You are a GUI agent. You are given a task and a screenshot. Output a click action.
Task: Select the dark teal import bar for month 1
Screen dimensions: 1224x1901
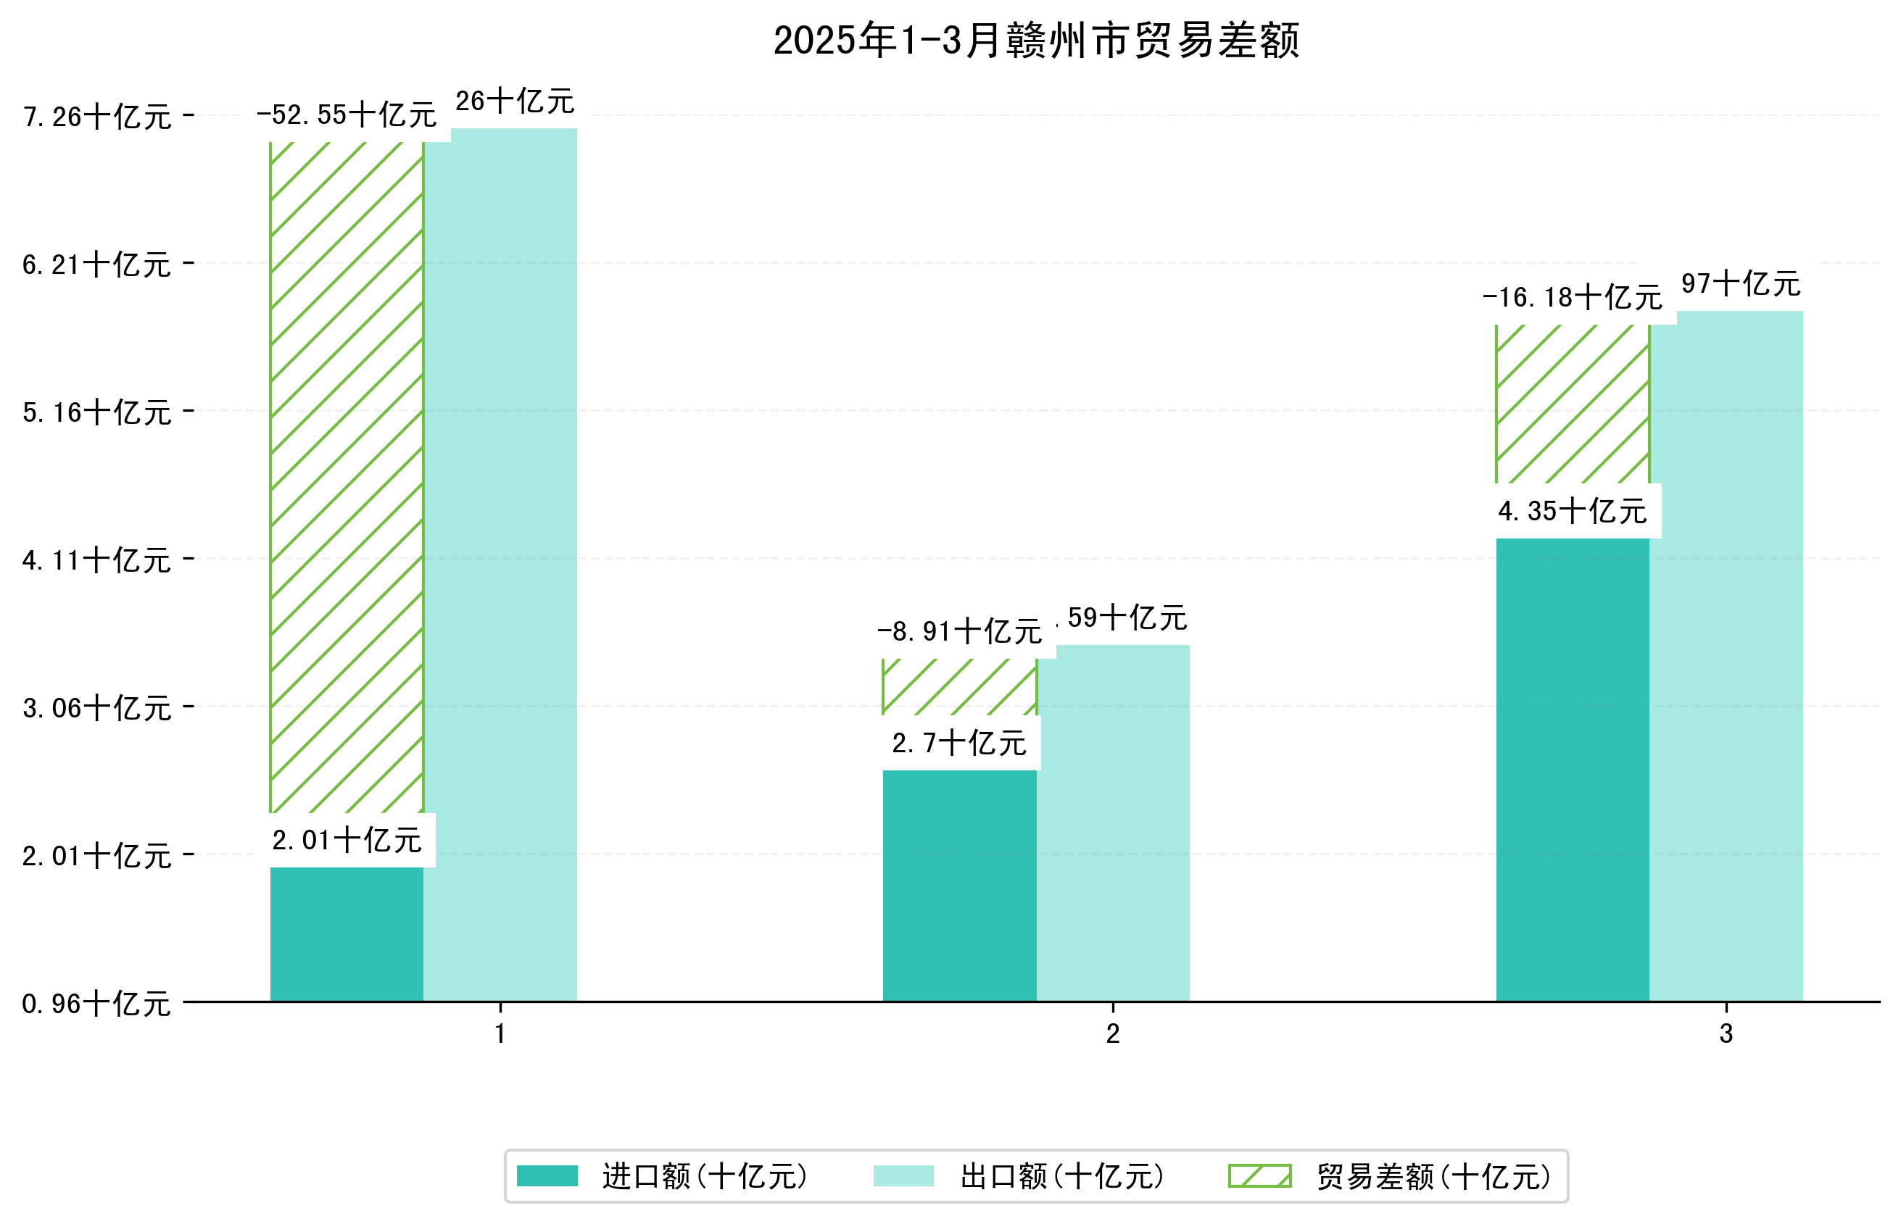[x=347, y=934]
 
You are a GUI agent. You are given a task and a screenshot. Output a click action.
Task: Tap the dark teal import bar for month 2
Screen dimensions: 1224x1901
[x=959, y=885]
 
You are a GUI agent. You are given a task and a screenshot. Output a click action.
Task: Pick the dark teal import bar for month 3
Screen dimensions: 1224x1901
[x=1572, y=770]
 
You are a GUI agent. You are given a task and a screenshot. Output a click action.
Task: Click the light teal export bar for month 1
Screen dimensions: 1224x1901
[x=500, y=565]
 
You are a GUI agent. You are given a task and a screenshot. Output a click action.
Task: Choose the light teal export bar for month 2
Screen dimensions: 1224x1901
[x=1113, y=823]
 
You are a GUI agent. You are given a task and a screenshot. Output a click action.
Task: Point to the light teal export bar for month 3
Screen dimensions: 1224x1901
[x=1726, y=656]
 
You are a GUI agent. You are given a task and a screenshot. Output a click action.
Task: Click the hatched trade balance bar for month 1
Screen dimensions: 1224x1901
[x=347, y=477]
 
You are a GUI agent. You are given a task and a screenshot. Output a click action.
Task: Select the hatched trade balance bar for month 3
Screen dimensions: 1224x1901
[x=1572, y=404]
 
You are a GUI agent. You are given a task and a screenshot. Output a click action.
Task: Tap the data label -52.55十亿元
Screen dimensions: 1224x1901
[x=347, y=115]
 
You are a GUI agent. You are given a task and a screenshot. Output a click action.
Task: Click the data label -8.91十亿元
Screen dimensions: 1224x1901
[x=959, y=632]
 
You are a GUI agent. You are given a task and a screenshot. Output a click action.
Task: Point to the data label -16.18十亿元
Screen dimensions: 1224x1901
[x=1572, y=298]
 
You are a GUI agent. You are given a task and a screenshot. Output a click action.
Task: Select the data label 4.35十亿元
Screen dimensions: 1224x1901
[x=1572, y=511]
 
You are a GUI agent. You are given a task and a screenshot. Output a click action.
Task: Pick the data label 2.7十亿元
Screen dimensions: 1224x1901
[x=959, y=743]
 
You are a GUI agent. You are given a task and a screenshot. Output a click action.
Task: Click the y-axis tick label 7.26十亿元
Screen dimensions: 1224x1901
[x=97, y=117]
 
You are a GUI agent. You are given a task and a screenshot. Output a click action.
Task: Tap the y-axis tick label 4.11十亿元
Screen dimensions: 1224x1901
[x=97, y=560]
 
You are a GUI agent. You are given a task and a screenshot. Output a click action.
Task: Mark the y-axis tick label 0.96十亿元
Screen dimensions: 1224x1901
[x=97, y=1004]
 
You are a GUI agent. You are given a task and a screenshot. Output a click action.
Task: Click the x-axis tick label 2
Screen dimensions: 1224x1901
[x=1112, y=1034]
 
